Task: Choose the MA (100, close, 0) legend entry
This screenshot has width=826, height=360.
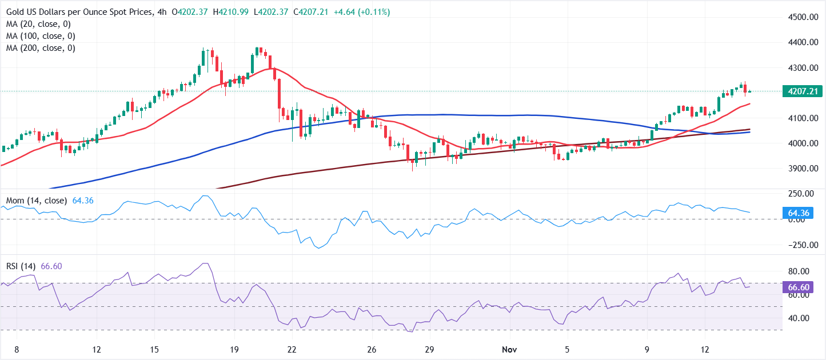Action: click(41, 36)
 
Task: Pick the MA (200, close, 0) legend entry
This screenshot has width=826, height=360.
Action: click(41, 48)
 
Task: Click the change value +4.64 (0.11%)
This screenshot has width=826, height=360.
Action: click(357, 12)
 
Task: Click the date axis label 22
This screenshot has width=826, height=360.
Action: click(292, 349)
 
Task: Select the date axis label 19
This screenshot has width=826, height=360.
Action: click(233, 349)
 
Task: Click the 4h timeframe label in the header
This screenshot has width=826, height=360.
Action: click(162, 12)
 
